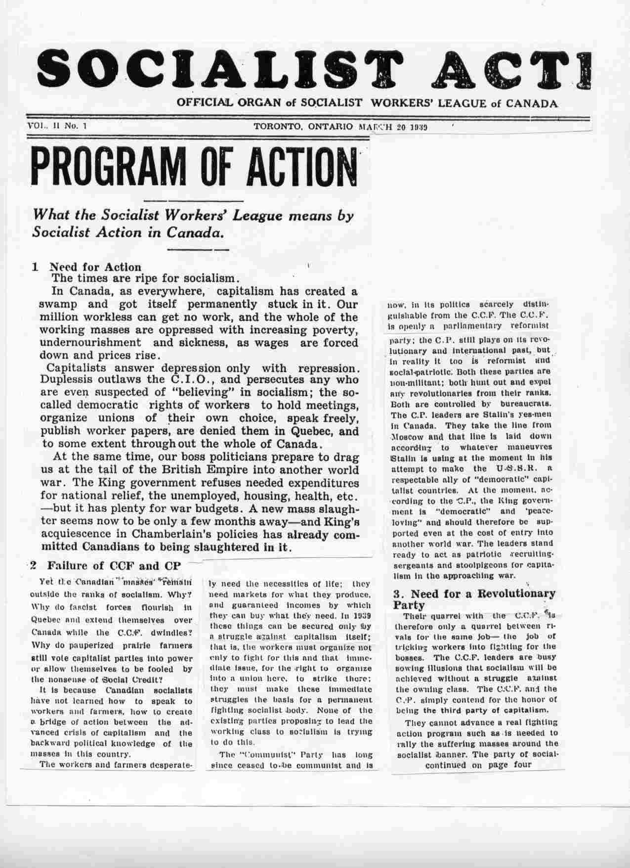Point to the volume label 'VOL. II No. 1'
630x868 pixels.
(x=57, y=126)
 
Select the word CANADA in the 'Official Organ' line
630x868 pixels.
(x=529, y=104)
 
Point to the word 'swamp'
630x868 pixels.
(x=59, y=304)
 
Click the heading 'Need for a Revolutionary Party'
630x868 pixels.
(x=474, y=599)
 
